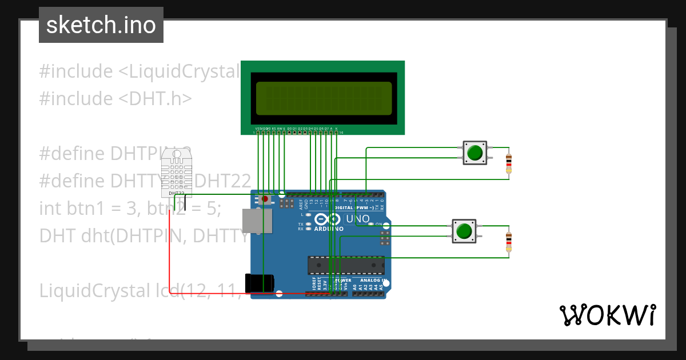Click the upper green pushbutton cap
point(474,153)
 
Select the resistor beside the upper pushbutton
point(509,163)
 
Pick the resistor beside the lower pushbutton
point(509,242)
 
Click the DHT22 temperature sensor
point(176,170)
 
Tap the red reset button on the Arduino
point(265,199)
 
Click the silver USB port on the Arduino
point(256,221)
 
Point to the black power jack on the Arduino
point(259,283)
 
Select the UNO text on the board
point(358,219)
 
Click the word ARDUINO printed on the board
point(329,229)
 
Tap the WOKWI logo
point(607,315)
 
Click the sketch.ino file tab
point(101,25)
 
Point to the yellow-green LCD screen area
point(324,97)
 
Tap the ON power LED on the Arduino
point(372,224)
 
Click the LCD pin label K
point(337,129)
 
